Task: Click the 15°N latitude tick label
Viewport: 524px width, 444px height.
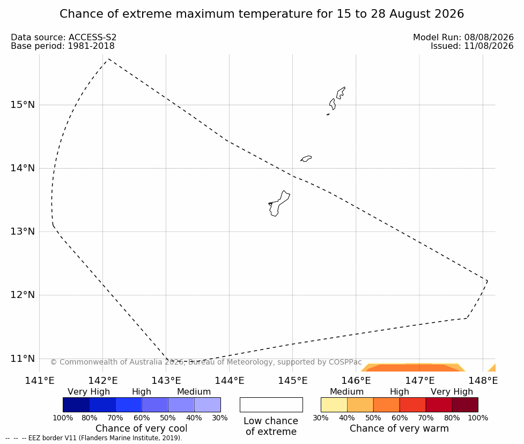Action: (23, 105)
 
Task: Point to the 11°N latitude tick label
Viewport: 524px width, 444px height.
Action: (23, 359)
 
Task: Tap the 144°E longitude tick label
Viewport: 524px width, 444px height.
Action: (229, 381)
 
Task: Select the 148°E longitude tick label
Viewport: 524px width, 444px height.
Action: (483, 381)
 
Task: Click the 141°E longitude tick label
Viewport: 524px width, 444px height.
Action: (40, 381)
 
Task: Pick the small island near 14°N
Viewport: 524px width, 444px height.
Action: (306, 158)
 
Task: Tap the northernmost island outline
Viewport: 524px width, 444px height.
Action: (341, 93)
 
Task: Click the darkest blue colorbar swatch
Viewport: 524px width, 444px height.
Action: (76, 405)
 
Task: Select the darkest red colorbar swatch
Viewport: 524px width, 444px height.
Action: (465, 405)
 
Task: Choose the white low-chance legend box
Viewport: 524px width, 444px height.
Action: (271, 405)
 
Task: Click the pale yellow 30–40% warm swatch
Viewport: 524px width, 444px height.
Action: (334, 405)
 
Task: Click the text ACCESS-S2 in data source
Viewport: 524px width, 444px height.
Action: (93, 38)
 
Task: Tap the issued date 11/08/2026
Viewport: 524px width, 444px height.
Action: (489, 46)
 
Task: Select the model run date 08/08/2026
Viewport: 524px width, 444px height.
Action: (489, 38)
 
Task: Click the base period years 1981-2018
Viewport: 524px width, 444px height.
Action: (91, 46)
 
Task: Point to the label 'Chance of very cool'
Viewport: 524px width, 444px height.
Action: (142, 428)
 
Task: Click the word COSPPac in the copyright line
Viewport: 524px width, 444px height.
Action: (345, 362)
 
